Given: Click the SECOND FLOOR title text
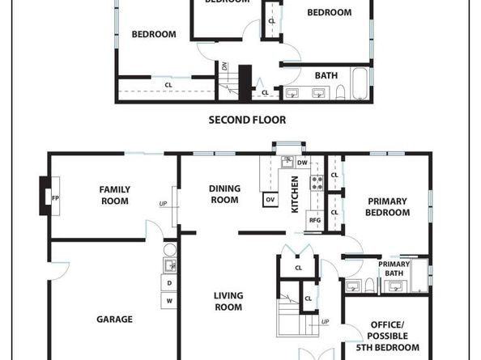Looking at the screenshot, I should (247, 120).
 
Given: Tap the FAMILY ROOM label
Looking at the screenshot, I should (114, 195).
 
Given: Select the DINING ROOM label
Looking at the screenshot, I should (224, 194).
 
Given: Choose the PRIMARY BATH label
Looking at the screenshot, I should (394, 269).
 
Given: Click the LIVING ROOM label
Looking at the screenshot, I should (228, 301).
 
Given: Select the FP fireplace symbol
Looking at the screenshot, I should (55, 197).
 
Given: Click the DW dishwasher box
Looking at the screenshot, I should (302, 163).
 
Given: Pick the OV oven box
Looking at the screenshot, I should (270, 199).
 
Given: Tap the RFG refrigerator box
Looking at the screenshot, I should (315, 219).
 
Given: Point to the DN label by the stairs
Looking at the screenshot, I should (224, 66).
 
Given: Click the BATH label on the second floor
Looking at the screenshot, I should (326, 76).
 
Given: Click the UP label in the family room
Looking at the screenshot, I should (164, 203).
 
